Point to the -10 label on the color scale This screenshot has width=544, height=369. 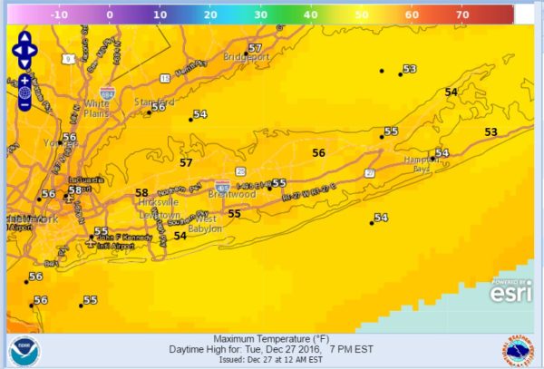click(x=58, y=15)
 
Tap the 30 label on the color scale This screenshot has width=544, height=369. click(x=259, y=15)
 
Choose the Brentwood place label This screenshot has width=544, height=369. click(x=235, y=194)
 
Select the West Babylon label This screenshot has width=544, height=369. click(x=208, y=224)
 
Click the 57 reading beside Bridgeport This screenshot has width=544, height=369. click(x=255, y=48)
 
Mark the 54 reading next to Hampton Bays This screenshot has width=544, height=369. click(x=442, y=153)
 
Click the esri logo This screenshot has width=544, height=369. click(x=510, y=290)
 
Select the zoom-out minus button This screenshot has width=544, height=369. click(x=24, y=105)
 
